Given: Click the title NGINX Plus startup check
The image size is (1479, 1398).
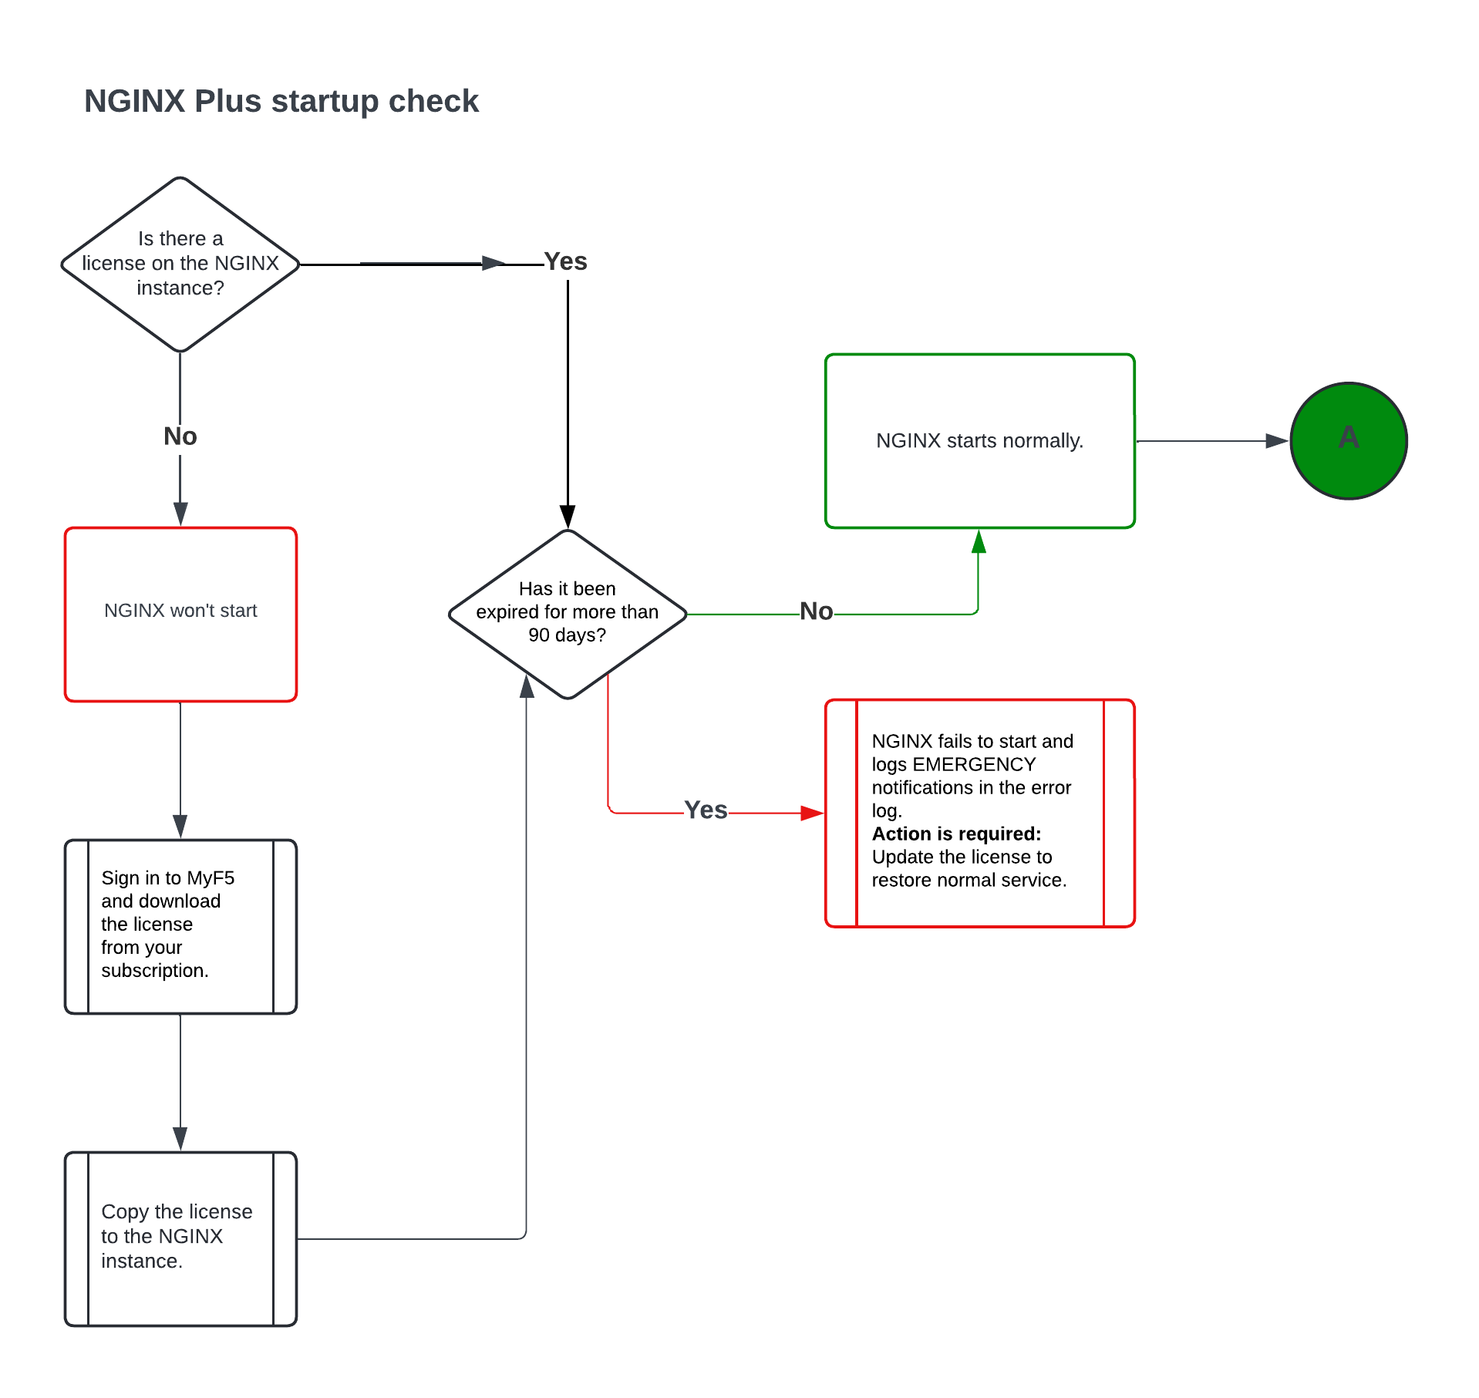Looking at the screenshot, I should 281,101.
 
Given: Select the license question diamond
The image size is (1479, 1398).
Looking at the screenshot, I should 180,264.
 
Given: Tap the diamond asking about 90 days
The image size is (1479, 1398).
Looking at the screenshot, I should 567,613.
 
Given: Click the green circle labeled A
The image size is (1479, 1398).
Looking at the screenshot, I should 1348,440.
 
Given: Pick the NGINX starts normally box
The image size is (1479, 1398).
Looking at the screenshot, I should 979,440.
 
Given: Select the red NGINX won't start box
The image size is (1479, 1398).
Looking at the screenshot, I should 180,613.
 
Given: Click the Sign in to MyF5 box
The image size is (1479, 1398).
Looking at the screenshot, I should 180,925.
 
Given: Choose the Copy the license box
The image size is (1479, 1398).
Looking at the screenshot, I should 180,1238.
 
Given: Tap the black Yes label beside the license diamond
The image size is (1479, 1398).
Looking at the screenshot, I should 565,261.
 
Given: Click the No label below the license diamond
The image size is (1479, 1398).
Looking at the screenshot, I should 180,436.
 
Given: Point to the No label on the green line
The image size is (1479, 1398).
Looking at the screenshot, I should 816,611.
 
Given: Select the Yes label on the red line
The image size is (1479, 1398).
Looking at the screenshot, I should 706,810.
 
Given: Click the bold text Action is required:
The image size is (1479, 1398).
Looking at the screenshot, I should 956,834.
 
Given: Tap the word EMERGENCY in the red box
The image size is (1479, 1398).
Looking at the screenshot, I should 974,764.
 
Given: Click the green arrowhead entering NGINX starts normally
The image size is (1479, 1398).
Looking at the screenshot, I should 979,541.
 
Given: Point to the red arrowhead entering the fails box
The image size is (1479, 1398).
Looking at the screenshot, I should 812,813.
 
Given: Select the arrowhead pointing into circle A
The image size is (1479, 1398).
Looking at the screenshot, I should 1277,441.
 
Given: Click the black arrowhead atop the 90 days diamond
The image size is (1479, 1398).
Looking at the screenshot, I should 568,516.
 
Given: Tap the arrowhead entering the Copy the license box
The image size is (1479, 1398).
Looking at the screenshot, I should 180,1138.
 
